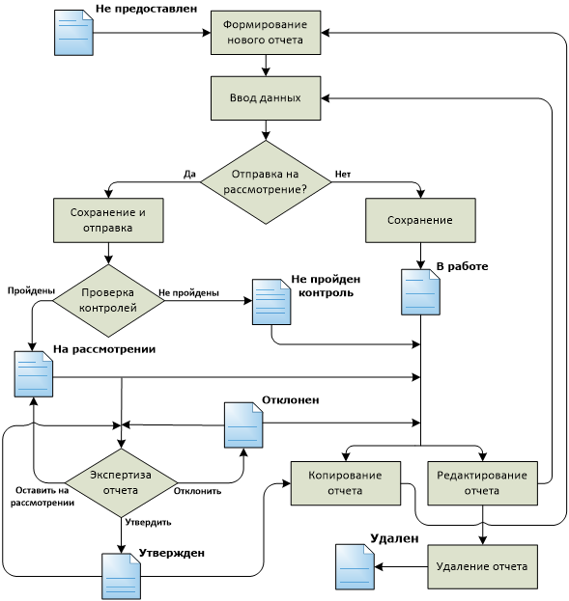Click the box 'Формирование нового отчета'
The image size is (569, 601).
pos(266,33)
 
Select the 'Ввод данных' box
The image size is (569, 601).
pos(266,98)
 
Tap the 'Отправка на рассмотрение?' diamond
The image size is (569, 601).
pos(266,182)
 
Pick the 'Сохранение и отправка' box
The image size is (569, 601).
pos(108,220)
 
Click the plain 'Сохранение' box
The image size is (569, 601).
pos(420,220)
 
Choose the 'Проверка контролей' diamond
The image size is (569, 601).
pos(108,301)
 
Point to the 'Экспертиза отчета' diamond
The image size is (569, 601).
pos(122,483)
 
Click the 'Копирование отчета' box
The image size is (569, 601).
pos(346,483)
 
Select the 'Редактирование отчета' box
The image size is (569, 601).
pos(483,483)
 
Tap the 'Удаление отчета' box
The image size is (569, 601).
pos(483,566)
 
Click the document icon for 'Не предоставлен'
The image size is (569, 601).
pos(73,33)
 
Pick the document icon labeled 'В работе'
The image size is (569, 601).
pos(420,292)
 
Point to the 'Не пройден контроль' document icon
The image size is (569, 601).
pos(271,302)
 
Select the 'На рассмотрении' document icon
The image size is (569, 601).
pos(34,374)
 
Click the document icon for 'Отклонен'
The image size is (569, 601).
pos(243,424)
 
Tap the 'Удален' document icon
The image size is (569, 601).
pos(355,567)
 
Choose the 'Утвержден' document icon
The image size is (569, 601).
pos(121,577)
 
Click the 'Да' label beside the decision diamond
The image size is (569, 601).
pos(189,174)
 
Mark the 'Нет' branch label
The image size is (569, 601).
pos(343,174)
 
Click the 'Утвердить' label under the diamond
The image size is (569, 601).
pos(148,523)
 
